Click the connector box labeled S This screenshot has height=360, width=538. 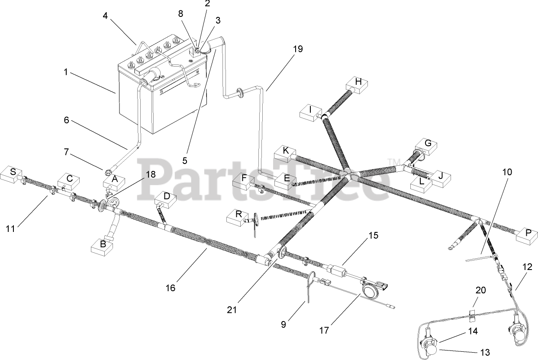pyautogui.click(x=13, y=173)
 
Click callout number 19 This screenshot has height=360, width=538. pyautogui.click(x=297, y=49)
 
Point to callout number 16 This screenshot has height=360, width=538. pyautogui.click(x=171, y=288)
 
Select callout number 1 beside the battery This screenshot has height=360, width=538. pyautogui.click(x=66, y=72)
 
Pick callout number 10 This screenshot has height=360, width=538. pyautogui.click(x=507, y=172)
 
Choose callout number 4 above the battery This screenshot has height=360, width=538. pyautogui.click(x=105, y=16)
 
